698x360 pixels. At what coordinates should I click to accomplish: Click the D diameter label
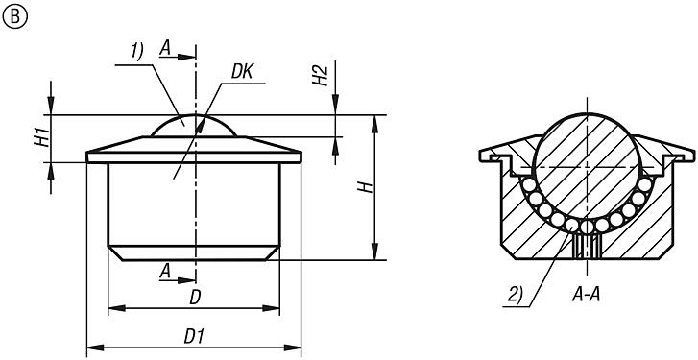tap(195, 298)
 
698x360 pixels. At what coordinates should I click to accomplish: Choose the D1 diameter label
tap(195, 337)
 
